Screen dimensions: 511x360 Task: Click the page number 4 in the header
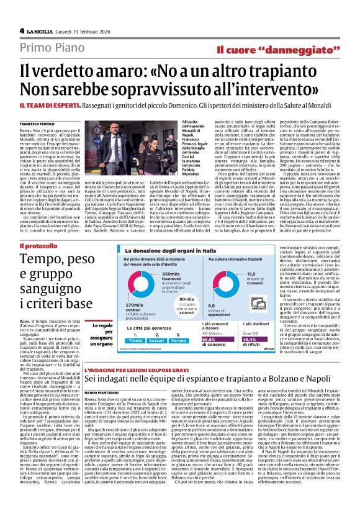pos(22,30)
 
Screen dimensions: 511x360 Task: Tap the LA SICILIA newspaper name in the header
pos(40,30)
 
